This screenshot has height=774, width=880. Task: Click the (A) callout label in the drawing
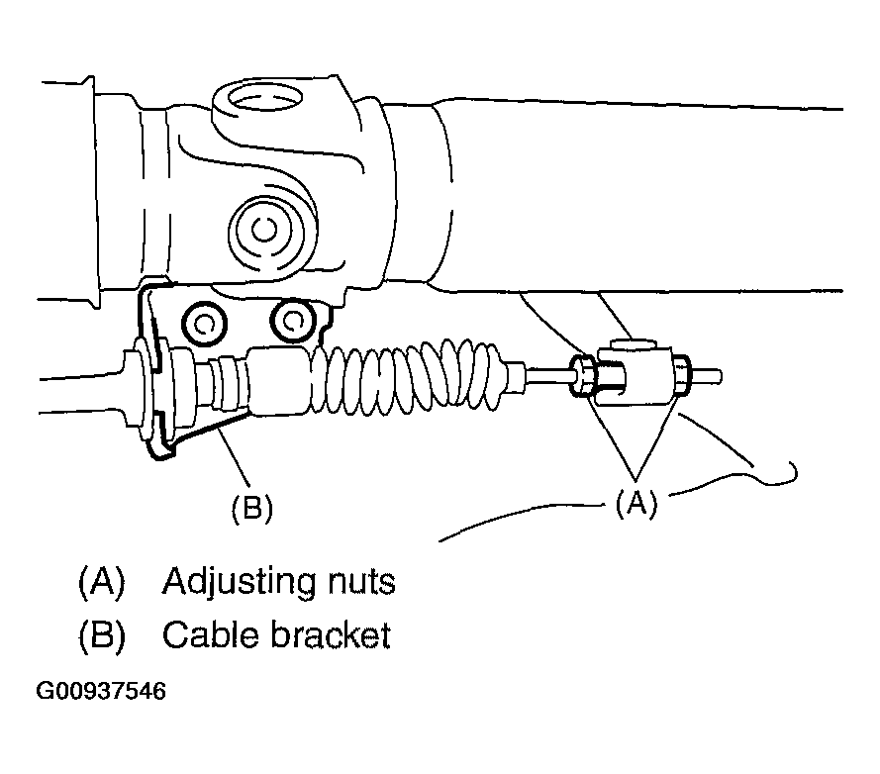[x=635, y=504]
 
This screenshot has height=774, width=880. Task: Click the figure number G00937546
[x=101, y=690]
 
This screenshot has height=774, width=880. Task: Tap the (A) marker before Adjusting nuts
[x=102, y=581]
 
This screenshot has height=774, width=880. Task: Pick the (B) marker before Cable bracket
[x=102, y=634]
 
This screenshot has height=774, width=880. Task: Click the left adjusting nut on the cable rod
[x=583, y=377]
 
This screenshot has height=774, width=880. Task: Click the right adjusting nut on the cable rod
[x=680, y=375]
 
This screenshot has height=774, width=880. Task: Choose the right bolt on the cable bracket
[x=291, y=319]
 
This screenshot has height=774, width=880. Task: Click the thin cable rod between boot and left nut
[x=549, y=376]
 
